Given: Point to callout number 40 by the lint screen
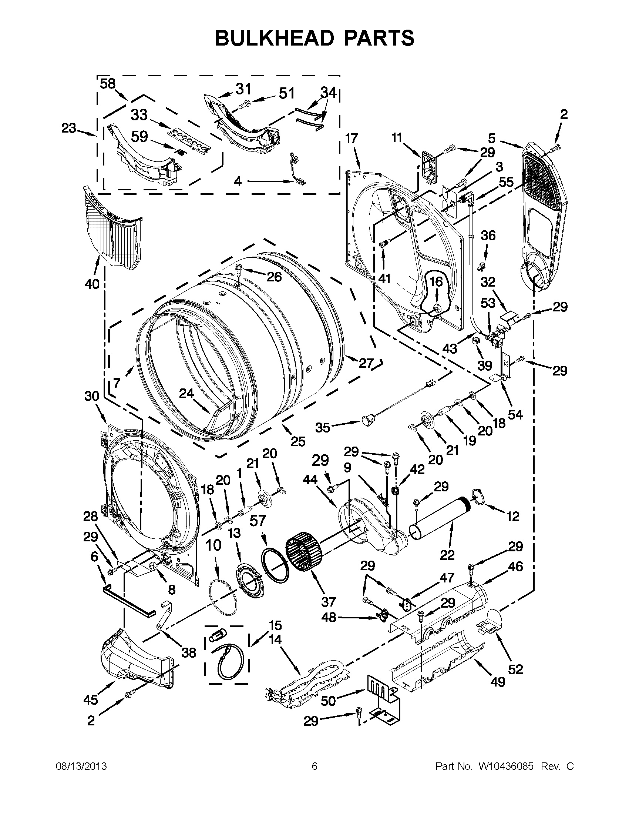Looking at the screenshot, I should (x=92, y=284).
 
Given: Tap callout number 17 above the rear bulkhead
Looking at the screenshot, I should (x=351, y=139).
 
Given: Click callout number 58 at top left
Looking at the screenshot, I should (x=108, y=84).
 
